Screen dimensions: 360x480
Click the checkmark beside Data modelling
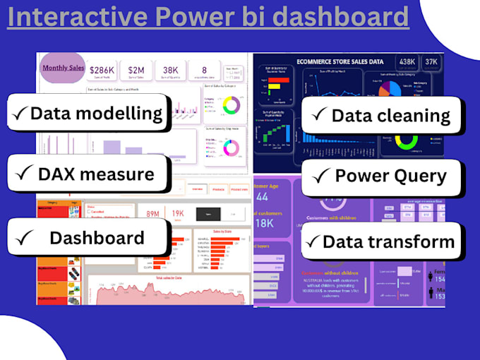[x=20, y=113]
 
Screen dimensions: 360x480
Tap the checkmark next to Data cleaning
[x=318, y=115]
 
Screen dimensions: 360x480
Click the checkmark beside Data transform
[x=311, y=241]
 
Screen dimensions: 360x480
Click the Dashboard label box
[x=88, y=237]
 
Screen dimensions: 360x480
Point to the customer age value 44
[x=262, y=197]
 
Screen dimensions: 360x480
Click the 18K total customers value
[x=265, y=224]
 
